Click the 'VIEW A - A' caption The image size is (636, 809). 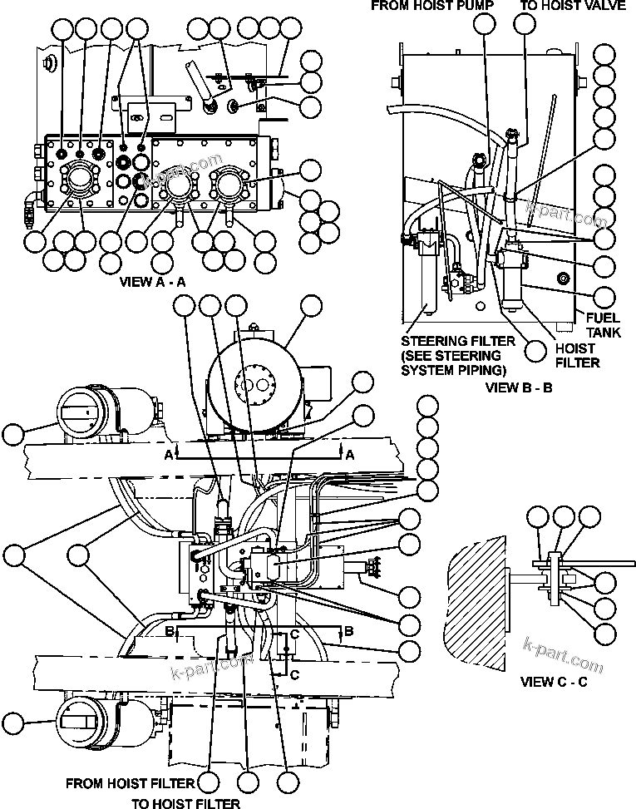pos(153,281)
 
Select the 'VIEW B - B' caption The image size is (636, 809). pos(520,387)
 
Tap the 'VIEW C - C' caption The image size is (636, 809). pos(553,682)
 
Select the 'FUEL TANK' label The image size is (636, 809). pos(603,325)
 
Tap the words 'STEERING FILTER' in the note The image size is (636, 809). pos(451,342)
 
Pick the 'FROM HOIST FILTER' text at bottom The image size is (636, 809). pos(130,783)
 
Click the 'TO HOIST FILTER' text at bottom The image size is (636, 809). pos(186,803)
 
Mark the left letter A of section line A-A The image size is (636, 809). pos(170,455)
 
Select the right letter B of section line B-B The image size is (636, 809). pos(349,632)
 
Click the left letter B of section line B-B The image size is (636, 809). pos(170,632)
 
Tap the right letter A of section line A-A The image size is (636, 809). pos(349,455)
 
